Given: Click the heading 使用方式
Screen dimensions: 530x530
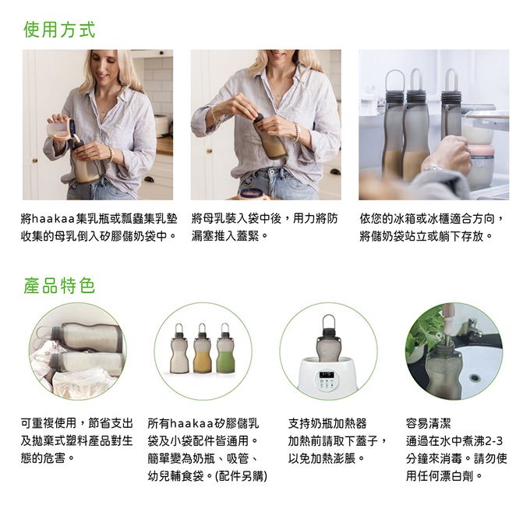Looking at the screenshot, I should pos(59,30).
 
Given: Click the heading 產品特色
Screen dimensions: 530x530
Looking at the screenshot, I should pos(59,285).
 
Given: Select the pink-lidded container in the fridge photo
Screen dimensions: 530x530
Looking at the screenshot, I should pos(481,164).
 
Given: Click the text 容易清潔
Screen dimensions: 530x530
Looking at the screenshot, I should pos(428,423).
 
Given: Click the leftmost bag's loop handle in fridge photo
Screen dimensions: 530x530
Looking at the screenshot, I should pos(395,80).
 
